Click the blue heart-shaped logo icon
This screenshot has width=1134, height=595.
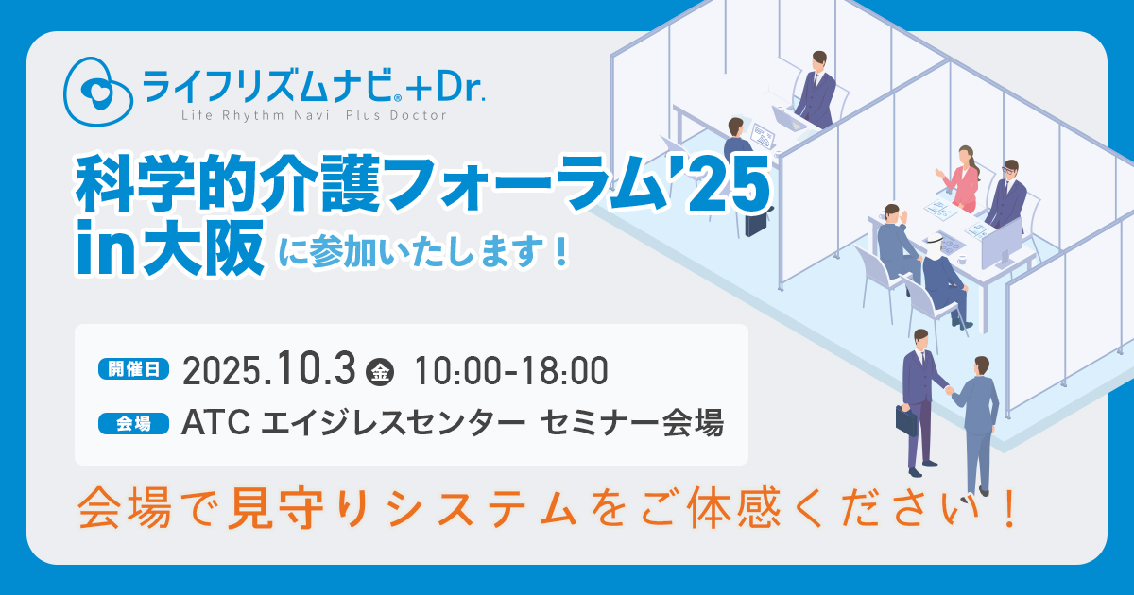point(98,92)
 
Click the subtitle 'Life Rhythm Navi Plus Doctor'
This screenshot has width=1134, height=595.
point(315,116)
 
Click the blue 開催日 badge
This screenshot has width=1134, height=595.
point(133,369)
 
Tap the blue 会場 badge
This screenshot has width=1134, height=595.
point(133,423)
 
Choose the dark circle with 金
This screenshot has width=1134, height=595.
point(380,372)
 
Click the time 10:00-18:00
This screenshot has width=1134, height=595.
point(511,371)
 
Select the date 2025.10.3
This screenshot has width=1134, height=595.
point(269,369)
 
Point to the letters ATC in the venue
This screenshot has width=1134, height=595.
point(215,422)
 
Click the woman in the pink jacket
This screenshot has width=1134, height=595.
point(959,179)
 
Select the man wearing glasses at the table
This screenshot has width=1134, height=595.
point(1006,195)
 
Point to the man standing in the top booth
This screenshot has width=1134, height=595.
point(816,89)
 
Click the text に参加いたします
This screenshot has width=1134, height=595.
point(424,252)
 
